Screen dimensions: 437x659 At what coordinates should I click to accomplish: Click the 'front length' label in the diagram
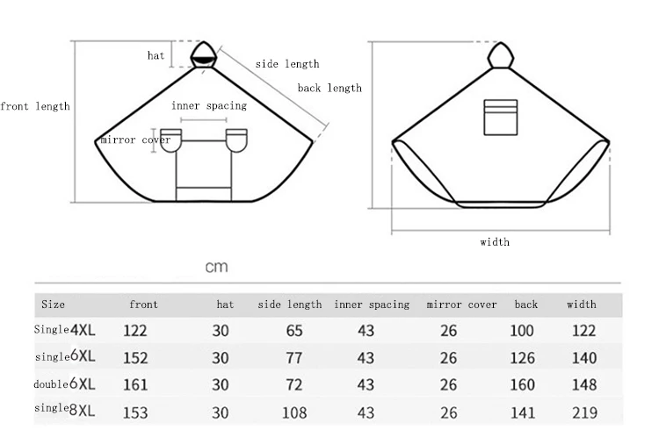point(35,106)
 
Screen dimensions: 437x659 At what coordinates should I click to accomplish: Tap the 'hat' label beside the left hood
point(156,55)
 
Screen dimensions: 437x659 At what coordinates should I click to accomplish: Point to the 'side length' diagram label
point(287,64)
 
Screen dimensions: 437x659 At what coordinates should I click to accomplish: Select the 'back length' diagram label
point(329,88)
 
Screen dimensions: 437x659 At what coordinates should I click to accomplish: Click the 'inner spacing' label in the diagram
point(209,105)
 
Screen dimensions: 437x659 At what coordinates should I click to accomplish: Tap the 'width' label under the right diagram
point(495,242)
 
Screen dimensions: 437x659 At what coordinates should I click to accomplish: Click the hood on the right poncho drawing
point(500,54)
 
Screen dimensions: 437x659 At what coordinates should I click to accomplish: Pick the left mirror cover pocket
point(170,140)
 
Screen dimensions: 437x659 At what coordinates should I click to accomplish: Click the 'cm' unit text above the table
point(216,267)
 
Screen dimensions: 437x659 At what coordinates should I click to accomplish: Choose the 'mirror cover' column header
point(461,304)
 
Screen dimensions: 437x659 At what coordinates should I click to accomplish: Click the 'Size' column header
point(53,304)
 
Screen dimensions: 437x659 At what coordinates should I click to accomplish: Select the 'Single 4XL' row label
point(66,330)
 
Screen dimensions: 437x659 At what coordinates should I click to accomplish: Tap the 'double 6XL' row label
point(66,384)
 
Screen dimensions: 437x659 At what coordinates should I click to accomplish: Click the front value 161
point(135,385)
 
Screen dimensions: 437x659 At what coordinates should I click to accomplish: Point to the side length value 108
point(294,412)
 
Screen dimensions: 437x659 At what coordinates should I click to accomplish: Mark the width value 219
point(583,412)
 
